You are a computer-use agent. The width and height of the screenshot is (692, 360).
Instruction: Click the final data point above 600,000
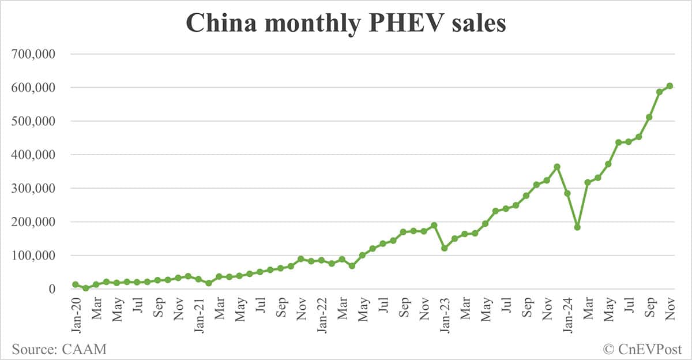[670, 86]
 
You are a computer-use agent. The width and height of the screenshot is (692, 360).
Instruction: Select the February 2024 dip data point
[577, 227]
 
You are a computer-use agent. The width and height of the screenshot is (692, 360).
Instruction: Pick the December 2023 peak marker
[557, 167]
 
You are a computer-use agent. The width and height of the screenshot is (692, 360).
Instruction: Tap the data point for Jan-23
[444, 248]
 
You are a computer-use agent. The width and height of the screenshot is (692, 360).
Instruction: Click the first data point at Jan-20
[76, 284]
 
